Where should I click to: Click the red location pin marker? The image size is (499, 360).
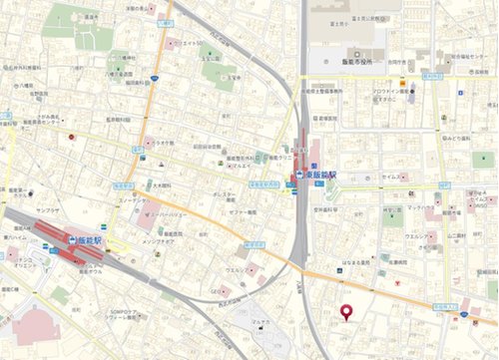pos(347,312)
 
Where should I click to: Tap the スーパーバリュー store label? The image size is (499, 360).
pos(169,214)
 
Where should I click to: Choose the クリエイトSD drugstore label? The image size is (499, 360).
pos(189,45)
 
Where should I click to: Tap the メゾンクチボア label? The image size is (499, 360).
pos(159,241)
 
